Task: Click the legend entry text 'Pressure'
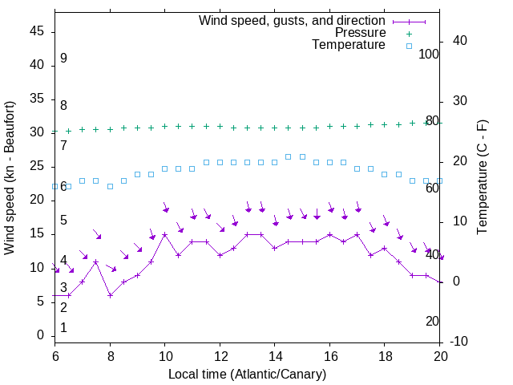pyautogui.click(x=361, y=33)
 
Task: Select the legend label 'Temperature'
pyautogui.click(x=349, y=46)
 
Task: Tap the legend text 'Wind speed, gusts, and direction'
pyautogui.click(x=292, y=20)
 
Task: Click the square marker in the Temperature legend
pyautogui.click(x=409, y=46)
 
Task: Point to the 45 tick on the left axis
pyautogui.click(x=37, y=31)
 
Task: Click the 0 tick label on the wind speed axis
pyautogui.click(x=40, y=335)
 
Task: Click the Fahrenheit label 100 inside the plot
pyautogui.click(x=429, y=54)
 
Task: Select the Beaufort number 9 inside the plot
pyautogui.click(x=63, y=59)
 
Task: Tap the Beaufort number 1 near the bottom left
pyautogui.click(x=63, y=328)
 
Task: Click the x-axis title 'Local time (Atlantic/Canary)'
pyautogui.click(x=248, y=374)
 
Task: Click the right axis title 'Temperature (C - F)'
pyautogui.click(x=482, y=178)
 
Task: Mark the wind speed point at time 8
pyautogui.click(x=110, y=295)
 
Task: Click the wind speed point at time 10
pyautogui.click(x=165, y=234)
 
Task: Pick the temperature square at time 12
pyautogui.click(x=220, y=162)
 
